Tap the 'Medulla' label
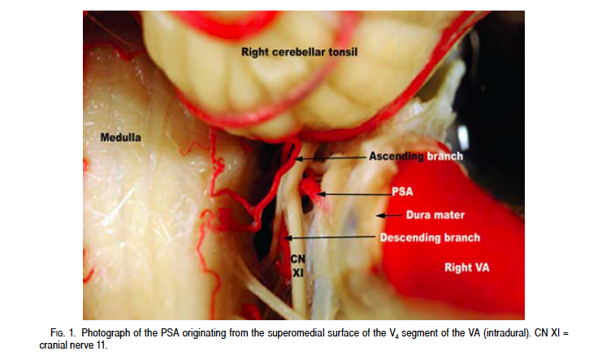[x=120, y=138]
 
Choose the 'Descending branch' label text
[x=430, y=238]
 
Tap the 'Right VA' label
[x=463, y=266]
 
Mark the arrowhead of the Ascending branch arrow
[x=297, y=158]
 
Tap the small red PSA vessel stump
[x=310, y=192]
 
